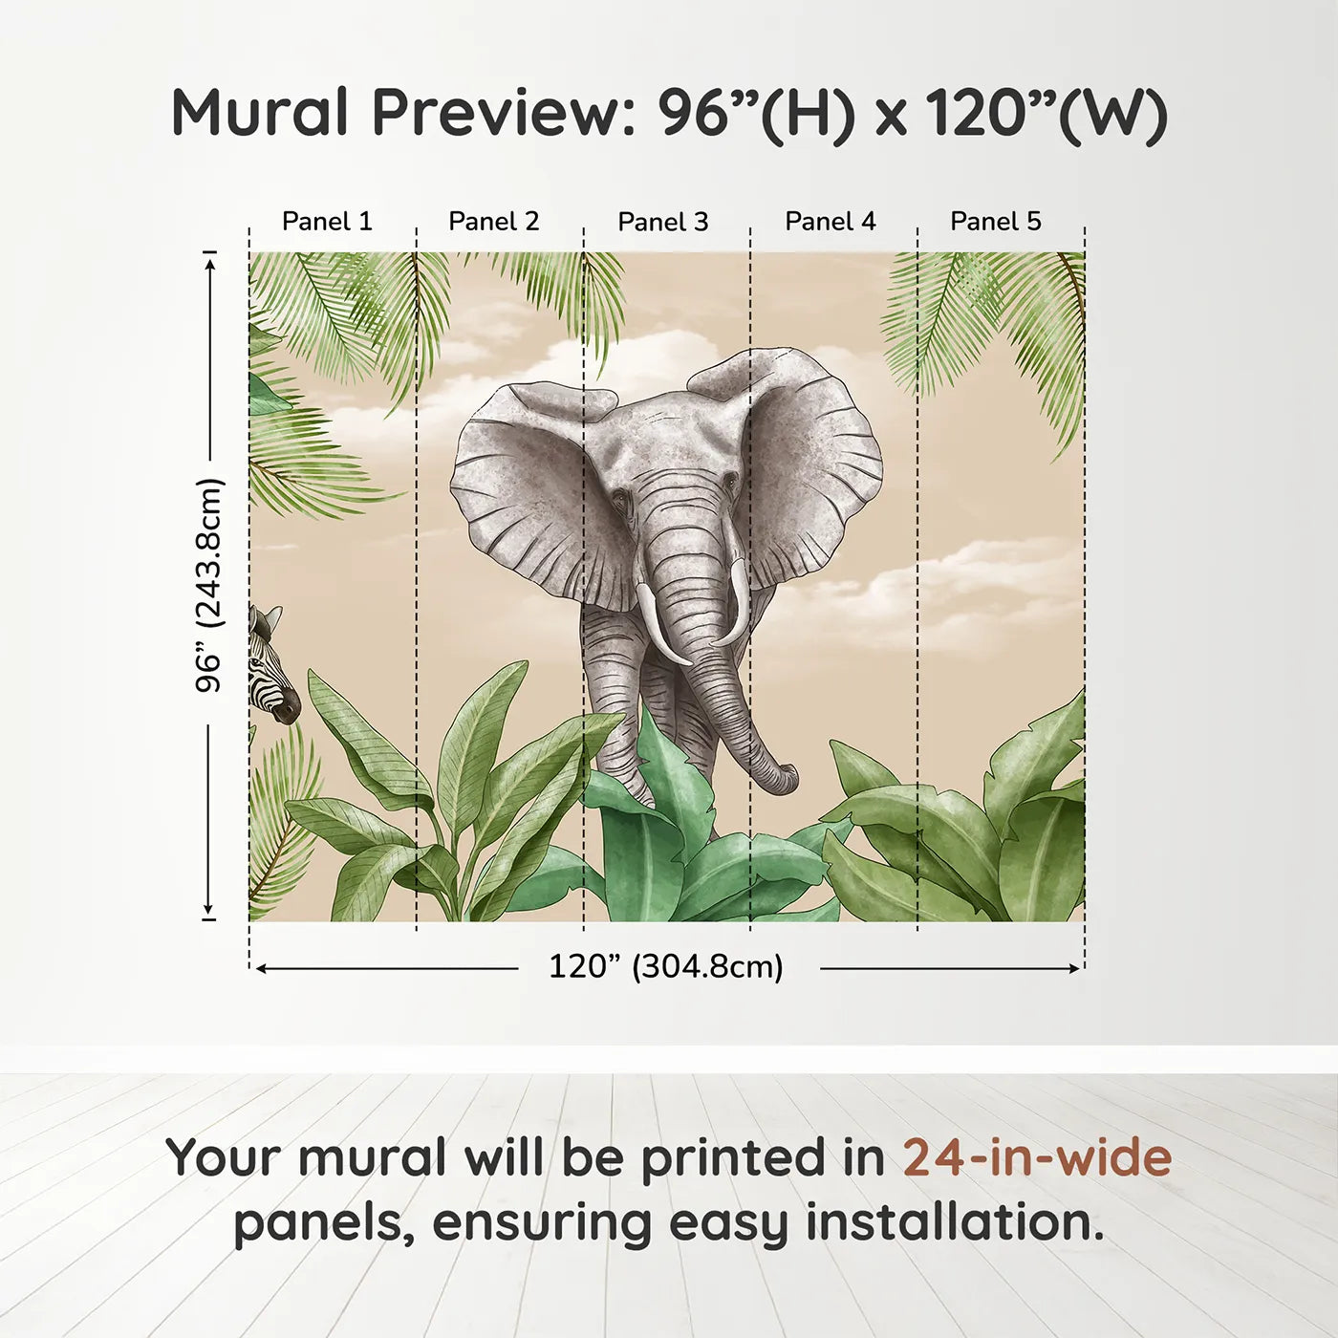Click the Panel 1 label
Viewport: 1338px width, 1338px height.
click(x=327, y=222)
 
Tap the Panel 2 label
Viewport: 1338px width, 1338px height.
click(x=494, y=222)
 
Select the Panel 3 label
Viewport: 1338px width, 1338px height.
click(x=663, y=223)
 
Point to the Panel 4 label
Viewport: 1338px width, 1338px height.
click(x=830, y=222)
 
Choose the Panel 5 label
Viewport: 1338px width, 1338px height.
click(x=996, y=222)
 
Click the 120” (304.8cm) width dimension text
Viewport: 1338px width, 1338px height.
click(x=666, y=967)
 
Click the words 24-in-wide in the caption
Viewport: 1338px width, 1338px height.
click(x=1037, y=1158)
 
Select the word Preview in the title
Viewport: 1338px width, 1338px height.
click(x=497, y=113)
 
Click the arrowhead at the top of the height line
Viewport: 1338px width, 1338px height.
click(x=210, y=260)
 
